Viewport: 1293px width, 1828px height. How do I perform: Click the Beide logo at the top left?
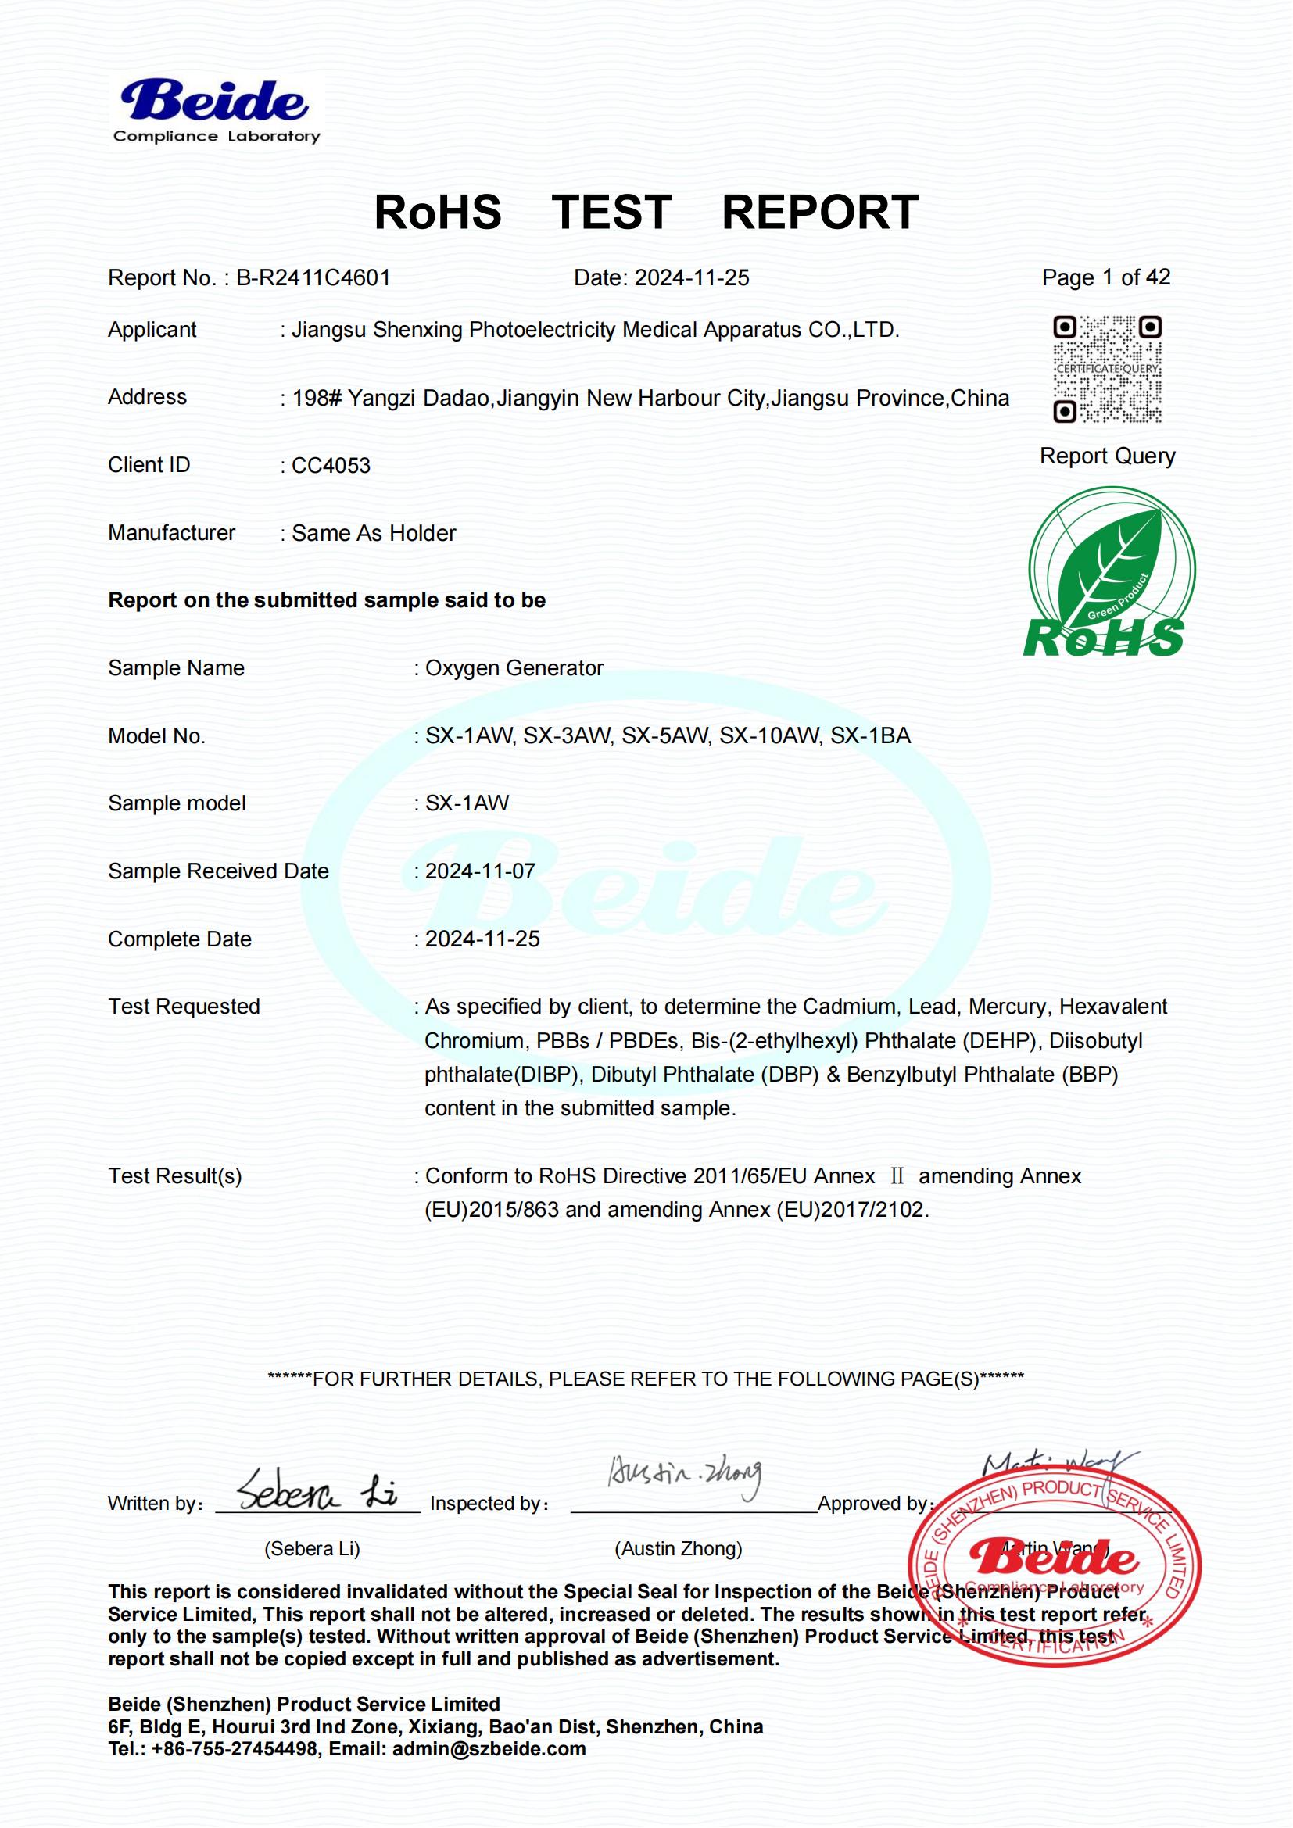click(x=215, y=112)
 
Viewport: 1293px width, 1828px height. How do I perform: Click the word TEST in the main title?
click(x=611, y=213)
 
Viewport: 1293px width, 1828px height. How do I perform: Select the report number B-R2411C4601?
click(x=313, y=278)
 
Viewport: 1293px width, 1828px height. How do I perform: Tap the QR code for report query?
click(x=1107, y=369)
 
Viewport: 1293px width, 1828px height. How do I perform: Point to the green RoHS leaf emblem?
click(x=1110, y=573)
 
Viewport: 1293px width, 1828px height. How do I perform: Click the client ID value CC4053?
click(x=331, y=466)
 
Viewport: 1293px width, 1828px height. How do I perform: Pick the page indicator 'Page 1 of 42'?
click(x=1106, y=277)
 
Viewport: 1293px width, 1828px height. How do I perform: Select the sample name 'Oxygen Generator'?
click(x=514, y=668)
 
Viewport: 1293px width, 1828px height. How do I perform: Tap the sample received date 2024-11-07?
click(x=480, y=871)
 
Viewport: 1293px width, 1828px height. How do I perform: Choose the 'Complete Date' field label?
click(x=180, y=939)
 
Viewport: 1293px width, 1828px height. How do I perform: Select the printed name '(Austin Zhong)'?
click(x=679, y=1548)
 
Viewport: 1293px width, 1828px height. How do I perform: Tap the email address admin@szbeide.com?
click(x=489, y=1749)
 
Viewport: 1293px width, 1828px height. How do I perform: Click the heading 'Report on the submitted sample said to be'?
click(x=328, y=600)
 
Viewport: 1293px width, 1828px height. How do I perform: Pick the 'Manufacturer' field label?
click(x=172, y=533)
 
